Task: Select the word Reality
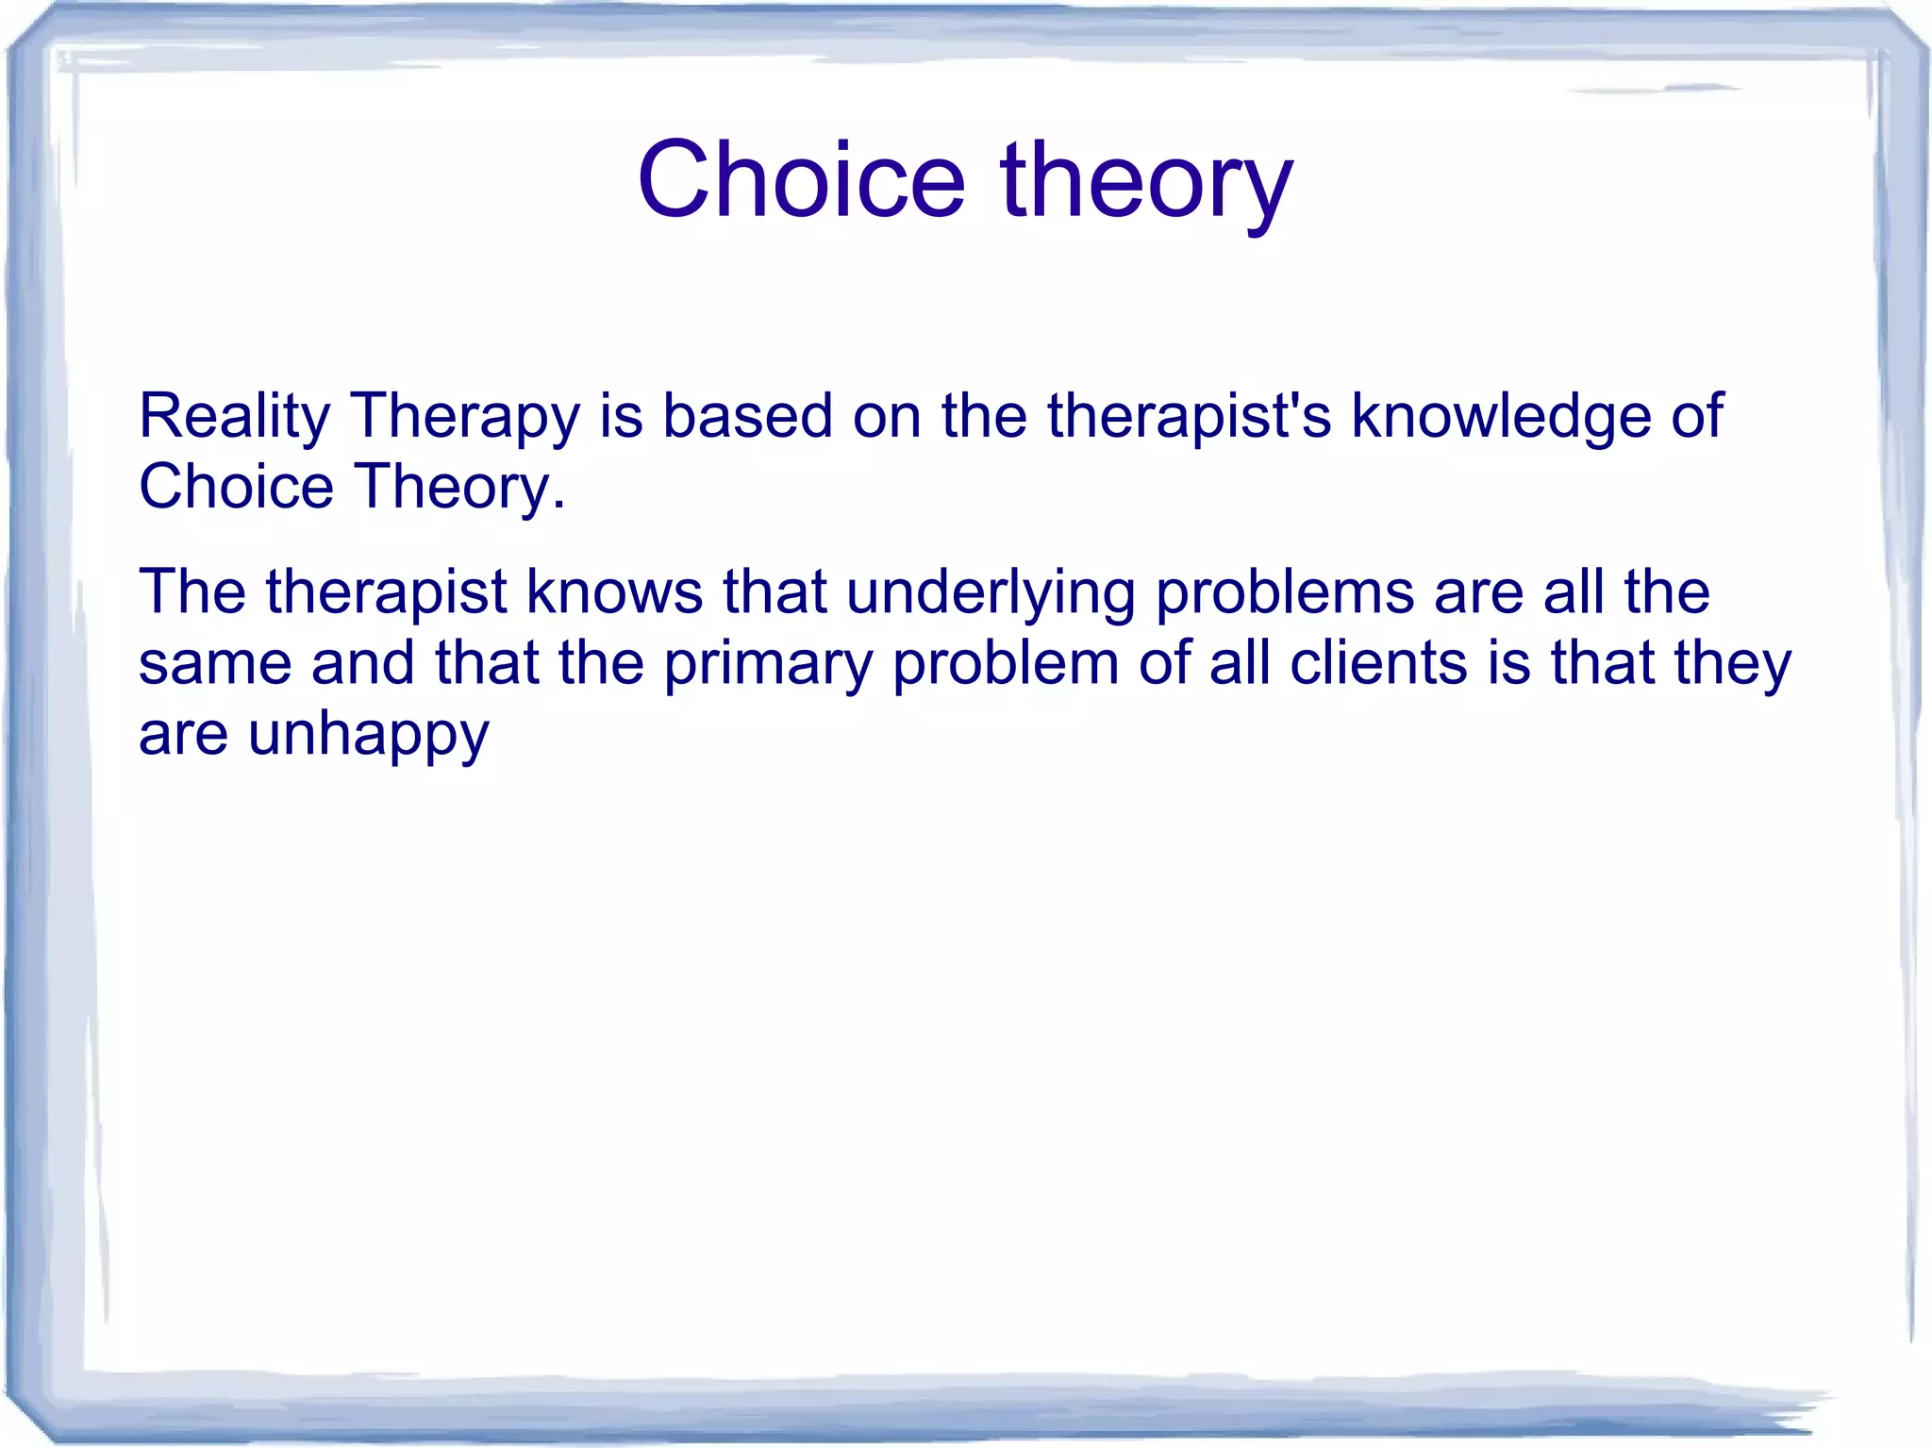[234, 417]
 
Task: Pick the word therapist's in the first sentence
[1189, 417]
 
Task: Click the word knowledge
[1501, 417]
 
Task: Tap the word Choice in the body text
[236, 487]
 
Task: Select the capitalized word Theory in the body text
[451, 489]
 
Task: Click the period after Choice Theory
[559, 506]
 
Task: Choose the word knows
[614, 592]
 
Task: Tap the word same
[215, 664]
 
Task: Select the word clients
[1378, 662]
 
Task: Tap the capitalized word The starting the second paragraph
[192, 592]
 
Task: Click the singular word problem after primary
[1006, 664]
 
